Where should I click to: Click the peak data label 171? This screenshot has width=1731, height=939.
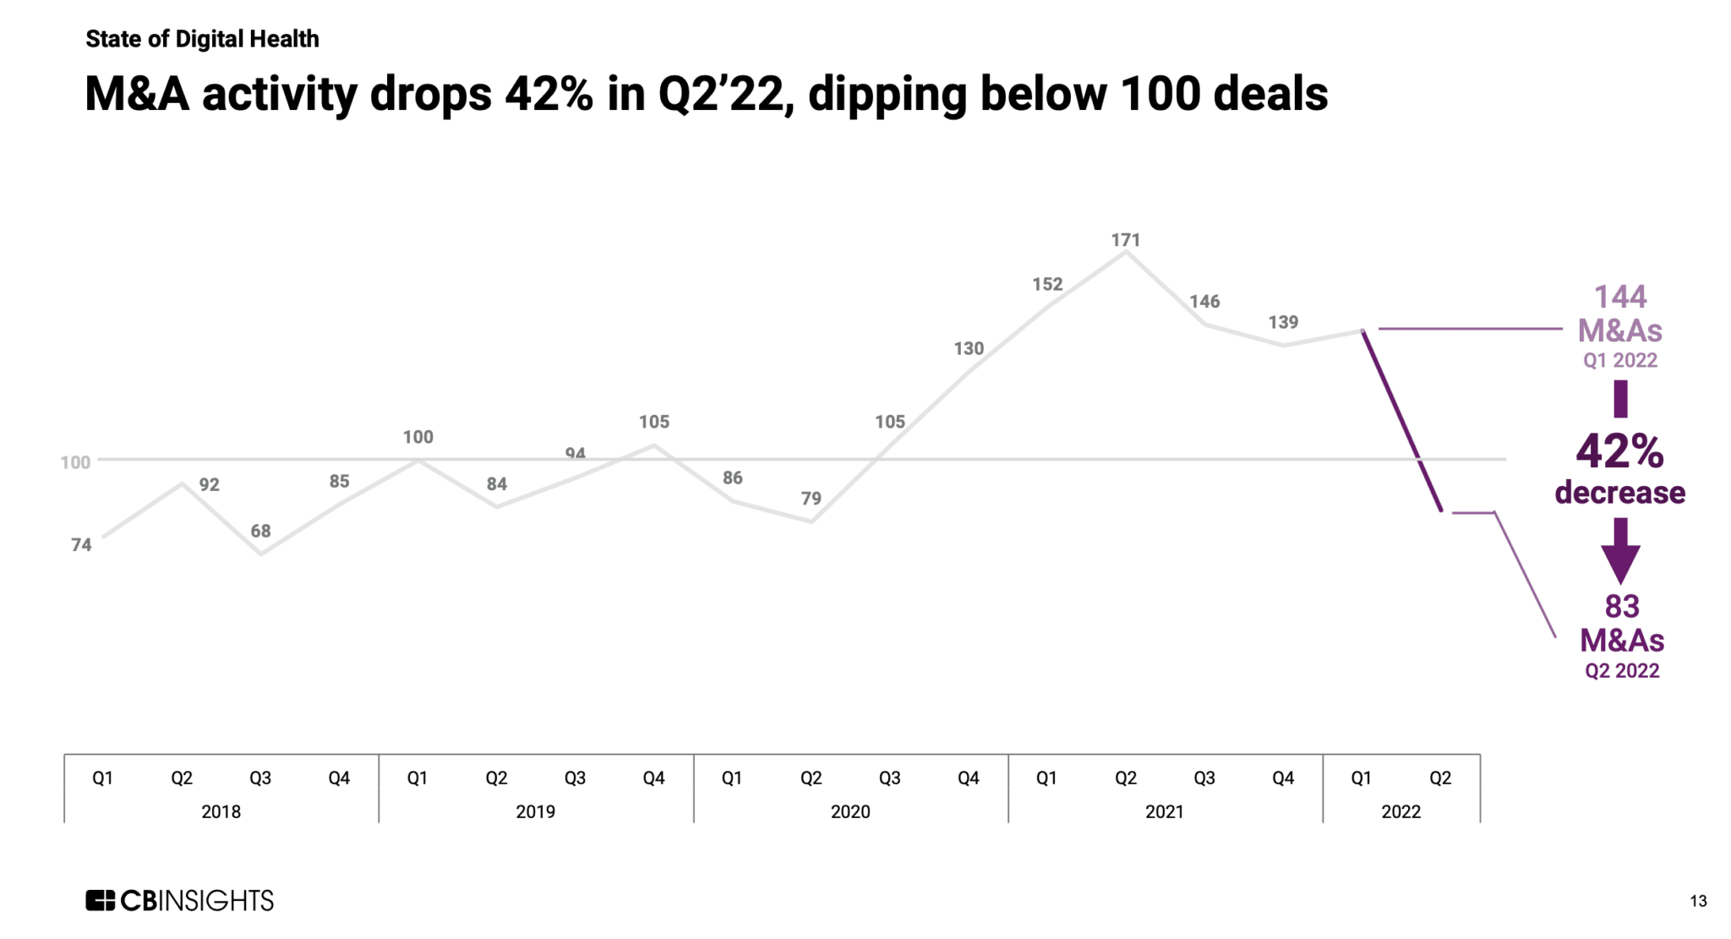pyautogui.click(x=1125, y=240)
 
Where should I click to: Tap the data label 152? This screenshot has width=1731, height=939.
pyautogui.click(x=1047, y=285)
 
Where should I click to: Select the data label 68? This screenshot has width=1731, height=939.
pyautogui.click(x=260, y=532)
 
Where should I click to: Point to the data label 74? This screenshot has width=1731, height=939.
pyautogui.click(x=81, y=545)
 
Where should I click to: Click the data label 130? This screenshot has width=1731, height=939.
pyautogui.click(x=969, y=348)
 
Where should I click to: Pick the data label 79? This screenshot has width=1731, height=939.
pyautogui.click(x=811, y=499)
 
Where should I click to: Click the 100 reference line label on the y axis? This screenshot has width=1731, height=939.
pyautogui.click(x=75, y=462)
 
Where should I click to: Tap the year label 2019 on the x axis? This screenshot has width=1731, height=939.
pyautogui.click(x=535, y=812)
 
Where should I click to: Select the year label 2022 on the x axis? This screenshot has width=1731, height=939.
pyautogui.click(x=1401, y=812)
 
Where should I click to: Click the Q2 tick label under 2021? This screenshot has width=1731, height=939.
pyautogui.click(x=1125, y=778)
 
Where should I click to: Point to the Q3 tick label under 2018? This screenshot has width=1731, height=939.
pyautogui.click(x=260, y=778)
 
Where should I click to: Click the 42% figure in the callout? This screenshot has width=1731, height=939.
pyautogui.click(x=1619, y=451)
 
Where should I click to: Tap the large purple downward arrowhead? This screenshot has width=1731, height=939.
pyautogui.click(x=1620, y=562)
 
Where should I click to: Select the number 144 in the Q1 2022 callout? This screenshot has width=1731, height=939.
pyautogui.click(x=1620, y=297)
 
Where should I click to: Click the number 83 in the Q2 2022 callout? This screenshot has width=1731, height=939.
pyautogui.click(x=1622, y=606)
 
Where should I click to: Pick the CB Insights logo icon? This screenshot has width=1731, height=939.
pyautogui.click(x=100, y=901)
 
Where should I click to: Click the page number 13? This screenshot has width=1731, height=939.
pyautogui.click(x=1698, y=902)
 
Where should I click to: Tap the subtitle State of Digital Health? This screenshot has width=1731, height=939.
pyautogui.click(x=202, y=39)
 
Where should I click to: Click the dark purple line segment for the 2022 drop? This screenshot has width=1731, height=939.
pyautogui.click(x=1402, y=420)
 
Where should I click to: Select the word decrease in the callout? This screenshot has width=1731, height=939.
pyautogui.click(x=1619, y=493)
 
